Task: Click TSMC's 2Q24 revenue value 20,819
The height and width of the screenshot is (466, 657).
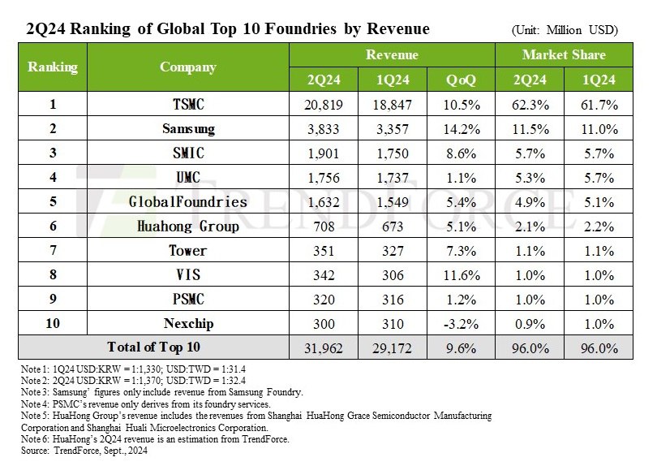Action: [323, 106]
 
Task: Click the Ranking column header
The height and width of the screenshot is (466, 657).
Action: [53, 67]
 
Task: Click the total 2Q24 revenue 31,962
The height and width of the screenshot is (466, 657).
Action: [323, 348]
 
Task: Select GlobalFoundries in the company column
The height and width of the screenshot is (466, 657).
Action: [187, 202]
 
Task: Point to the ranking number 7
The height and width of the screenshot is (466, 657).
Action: [53, 251]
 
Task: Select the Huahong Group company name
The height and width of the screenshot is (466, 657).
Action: [187, 227]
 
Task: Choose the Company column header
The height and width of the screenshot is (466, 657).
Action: [187, 67]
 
